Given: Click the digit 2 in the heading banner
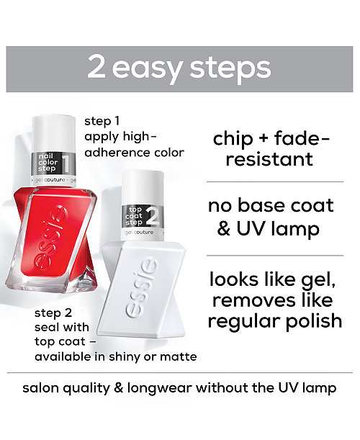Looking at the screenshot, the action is [x=96, y=66].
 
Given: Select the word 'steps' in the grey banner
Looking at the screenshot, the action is [x=230, y=68].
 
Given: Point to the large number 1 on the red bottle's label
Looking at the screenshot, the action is [x=66, y=163].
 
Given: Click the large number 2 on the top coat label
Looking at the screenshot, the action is [x=153, y=216].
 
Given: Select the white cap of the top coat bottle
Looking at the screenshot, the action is [x=143, y=187].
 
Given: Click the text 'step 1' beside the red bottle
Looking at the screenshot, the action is [x=102, y=122].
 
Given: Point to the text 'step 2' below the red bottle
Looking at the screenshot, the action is [x=53, y=313].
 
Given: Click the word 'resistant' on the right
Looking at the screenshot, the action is [x=269, y=159].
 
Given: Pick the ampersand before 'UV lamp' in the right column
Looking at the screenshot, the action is [x=224, y=229].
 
